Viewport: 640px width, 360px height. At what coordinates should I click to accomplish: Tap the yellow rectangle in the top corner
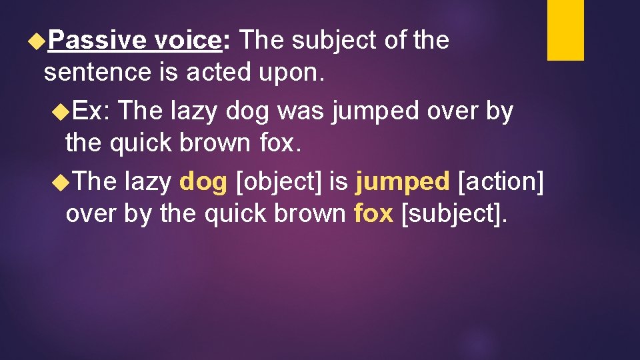point(565,30)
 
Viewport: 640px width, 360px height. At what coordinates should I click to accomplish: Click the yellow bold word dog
point(203,181)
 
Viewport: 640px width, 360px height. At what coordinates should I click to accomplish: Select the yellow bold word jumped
point(403,181)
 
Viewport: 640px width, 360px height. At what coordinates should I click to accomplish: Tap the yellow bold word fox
point(373,214)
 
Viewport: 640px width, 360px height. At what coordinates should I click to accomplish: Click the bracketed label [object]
point(280,181)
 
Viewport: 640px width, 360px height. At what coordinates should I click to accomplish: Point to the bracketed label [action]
point(501,181)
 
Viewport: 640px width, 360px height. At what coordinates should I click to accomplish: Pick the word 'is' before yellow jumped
point(338,181)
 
